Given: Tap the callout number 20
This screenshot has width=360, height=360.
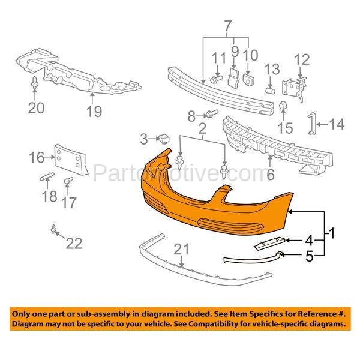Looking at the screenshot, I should tap(36, 108).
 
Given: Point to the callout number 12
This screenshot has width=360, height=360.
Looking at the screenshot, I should tap(302, 59).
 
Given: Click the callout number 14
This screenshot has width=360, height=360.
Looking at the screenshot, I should tap(337, 125).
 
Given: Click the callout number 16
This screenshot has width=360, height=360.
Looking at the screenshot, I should tap(37, 158).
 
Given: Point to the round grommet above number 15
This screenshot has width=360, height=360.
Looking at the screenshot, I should tap(283, 107).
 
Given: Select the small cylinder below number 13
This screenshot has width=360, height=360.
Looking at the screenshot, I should tap(271, 91).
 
